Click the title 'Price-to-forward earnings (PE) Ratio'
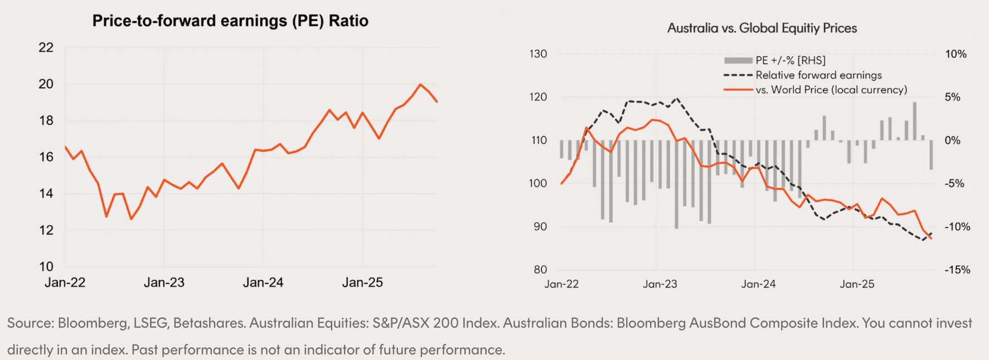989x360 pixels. pyautogui.click(x=230, y=21)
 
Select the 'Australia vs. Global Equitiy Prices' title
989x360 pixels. pyautogui.click(x=762, y=28)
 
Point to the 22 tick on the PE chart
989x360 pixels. pyautogui.click(x=46, y=48)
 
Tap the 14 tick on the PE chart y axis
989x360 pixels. pyautogui.click(x=46, y=194)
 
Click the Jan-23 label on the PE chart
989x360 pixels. pyautogui.click(x=164, y=283)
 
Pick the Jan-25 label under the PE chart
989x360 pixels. pyautogui.click(x=362, y=283)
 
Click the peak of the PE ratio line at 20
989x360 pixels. pyautogui.click(x=420, y=84)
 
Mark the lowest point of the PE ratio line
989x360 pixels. pyautogui.click(x=131, y=219)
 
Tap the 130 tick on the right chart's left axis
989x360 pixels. pyautogui.click(x=538, y=54)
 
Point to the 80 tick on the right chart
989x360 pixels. pyautogui.click(x=540, y=270)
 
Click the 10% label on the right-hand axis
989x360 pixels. pyautogui.click(x=956, y=54)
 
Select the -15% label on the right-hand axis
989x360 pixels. pyautogui.click(x=957, y=270)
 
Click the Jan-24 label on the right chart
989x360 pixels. pyautogui.click(x=758, y=284)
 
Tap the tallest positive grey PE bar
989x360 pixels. pyautogui.click(x=914, y=120)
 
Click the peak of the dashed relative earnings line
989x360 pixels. pyautogui.click(x=677, y=99)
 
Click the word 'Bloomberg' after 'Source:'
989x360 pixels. pyautogui.click(x=92, y=323)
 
